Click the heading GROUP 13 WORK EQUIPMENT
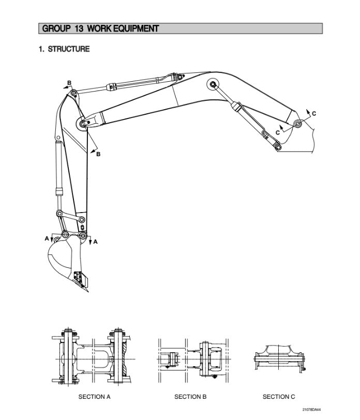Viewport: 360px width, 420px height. pyautogui.click(x=100, y=28)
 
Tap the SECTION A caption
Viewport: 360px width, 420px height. pyautogui.click(x=94, y=397)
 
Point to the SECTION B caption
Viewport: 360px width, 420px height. pyautogui.click(x=190, y=397)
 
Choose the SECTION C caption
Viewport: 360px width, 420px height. pyautogui.click(x=279, y=397)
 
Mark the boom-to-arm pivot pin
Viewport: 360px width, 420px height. pyautogui.click(x=84, y=124)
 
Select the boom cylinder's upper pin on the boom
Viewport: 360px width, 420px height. pyautogui.click(x=212, y=84)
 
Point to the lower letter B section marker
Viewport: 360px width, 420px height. pyautogui.click(x=98, y=154)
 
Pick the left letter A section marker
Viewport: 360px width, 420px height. pyautogui.click(x=47, y=238)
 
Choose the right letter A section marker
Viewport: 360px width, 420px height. pyautogui.click(x=96, y=241)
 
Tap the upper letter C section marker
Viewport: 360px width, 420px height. pyautogui.click(x=313, y=113)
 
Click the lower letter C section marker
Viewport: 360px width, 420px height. pyautogui.click(x=277, y=132)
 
